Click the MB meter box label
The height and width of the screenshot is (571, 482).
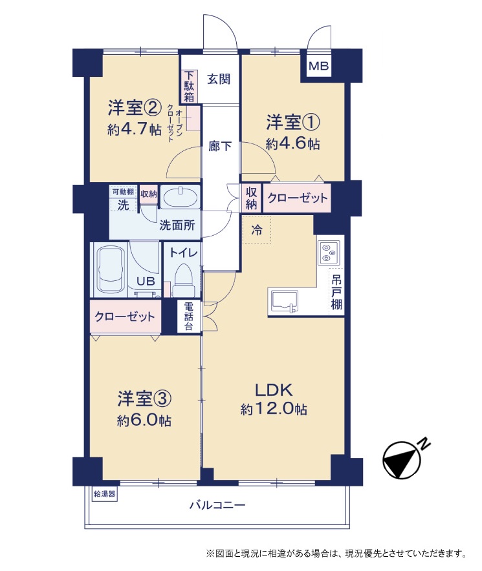[x=318, y=66]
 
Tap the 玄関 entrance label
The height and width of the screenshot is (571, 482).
[x=219, y=79]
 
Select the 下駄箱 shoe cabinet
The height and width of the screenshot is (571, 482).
[x=189, y=87]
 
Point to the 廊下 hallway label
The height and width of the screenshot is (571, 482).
[x=220, y=146]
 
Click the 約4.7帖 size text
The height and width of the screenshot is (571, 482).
[x=135, y=129]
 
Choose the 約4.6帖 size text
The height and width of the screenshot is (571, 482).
[x=292, y=144]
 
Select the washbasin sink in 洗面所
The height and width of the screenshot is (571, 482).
[x=181, y=198]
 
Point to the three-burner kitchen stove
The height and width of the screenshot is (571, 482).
[x=329, y=252]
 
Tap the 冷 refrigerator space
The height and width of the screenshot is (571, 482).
[x=257, y=229]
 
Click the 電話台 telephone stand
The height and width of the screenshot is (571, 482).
[x=188, y=316]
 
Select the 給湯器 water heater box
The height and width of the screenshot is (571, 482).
[x=105, y=494]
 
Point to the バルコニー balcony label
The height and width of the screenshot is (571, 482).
[x=217, y=505]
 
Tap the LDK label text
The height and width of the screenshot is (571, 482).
[x=274, y=390]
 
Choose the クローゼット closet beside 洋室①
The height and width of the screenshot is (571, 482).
[x=297, y=198]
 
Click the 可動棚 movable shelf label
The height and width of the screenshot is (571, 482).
[x=124, y=192]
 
